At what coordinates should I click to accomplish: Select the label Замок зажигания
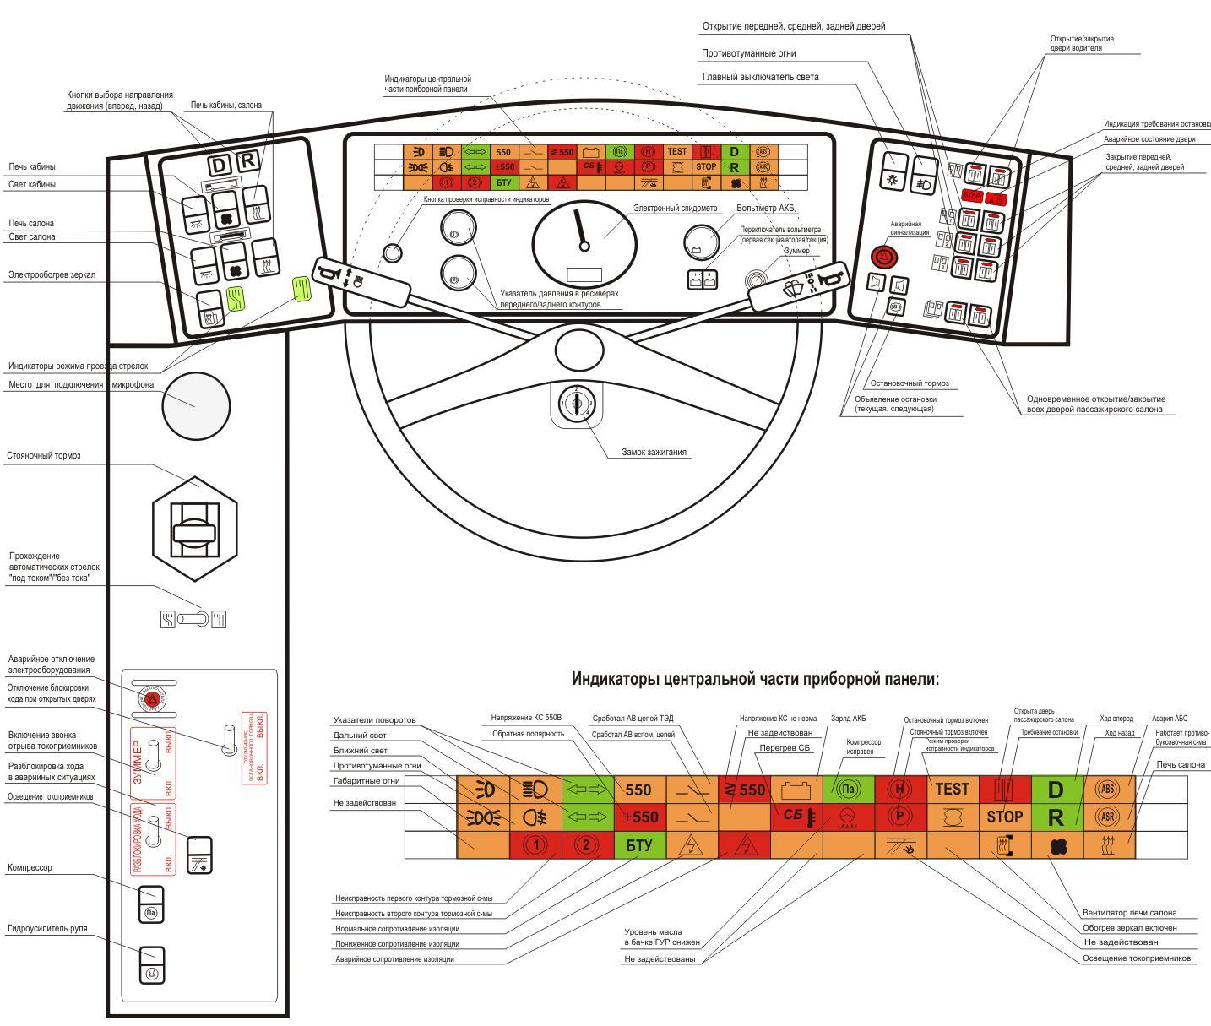[654, 453]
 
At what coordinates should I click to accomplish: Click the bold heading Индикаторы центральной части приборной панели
[755, 679]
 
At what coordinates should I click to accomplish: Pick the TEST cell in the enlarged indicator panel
[953, 789]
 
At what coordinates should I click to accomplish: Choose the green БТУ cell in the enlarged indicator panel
[639, 844]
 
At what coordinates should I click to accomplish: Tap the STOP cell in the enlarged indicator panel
[1004, 817]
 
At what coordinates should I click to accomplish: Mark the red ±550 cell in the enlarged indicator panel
[639, 817]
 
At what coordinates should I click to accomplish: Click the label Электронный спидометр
[675, 208]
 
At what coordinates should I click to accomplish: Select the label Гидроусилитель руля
[47, 929]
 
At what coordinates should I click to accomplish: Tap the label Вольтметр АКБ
[766, 208]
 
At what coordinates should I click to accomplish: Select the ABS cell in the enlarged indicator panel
[1109, 789]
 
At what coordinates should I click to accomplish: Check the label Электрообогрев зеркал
[52, 274]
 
